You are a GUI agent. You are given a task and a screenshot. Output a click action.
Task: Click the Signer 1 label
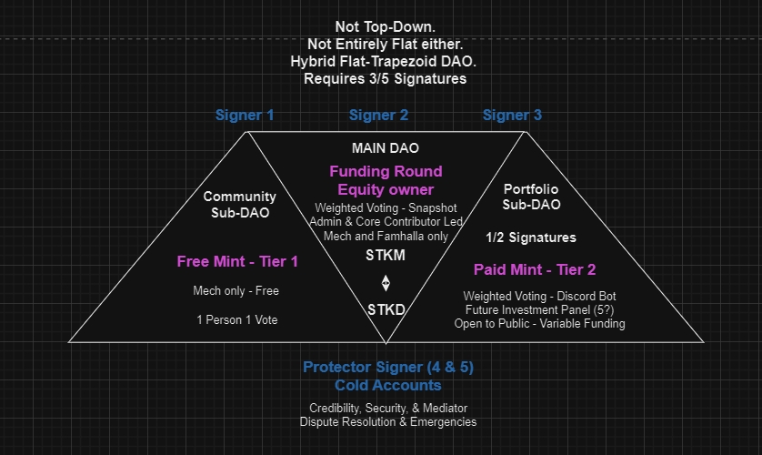click(x=245, y=116)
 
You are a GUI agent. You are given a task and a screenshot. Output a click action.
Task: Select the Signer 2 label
click(x=378, y=116)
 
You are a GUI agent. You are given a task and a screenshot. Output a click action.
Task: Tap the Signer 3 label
click(x=512, y=116)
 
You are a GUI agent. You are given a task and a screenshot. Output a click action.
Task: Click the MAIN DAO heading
click(x=386, y=147)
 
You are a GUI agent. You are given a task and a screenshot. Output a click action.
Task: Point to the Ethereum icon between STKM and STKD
click(x=386, y=282)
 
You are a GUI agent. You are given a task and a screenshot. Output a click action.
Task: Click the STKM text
click(x=386, y=256)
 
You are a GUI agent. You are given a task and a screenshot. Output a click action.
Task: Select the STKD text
click(x=386, y=309)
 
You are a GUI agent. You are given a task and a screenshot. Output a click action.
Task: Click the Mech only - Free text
click(x=236, y=291)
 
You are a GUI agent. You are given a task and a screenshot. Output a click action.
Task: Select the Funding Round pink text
click(x=386, y=171)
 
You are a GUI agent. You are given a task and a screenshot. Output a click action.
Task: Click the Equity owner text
click(x=386, y=189)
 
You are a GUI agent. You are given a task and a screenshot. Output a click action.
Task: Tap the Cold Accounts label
click(x=388, y=385)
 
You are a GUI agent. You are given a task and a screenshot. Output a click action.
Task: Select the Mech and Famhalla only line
click(x=386, y=236)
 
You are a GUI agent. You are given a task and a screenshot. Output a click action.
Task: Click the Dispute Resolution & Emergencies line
click(x=388, y=422)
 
